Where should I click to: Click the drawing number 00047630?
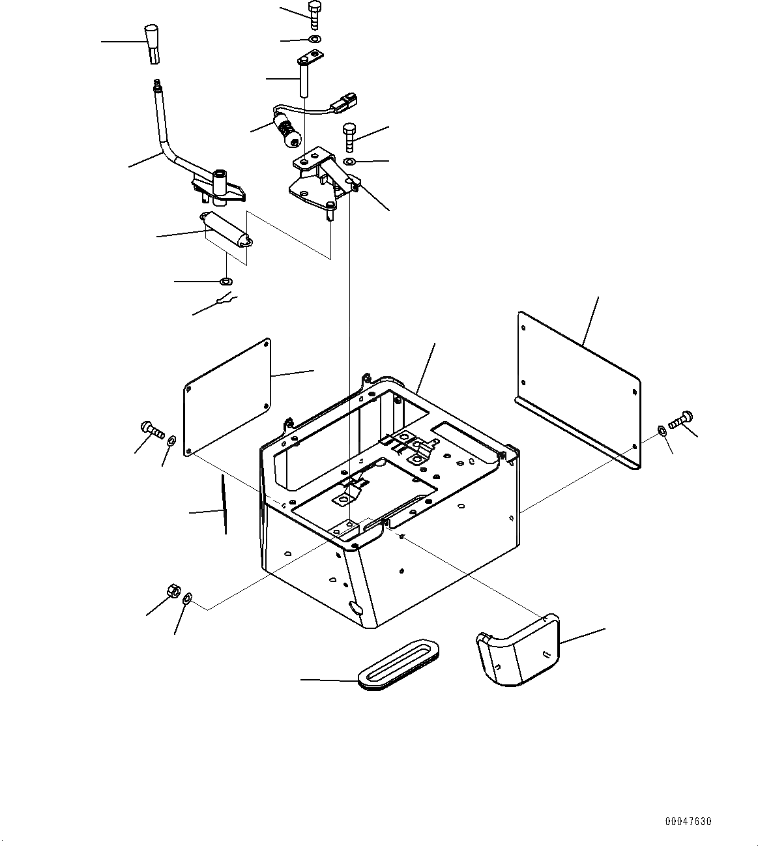tap(688, 822)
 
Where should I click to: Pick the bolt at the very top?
tap(314, 14)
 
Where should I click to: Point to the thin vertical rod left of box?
tap(224, 504)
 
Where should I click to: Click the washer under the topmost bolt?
tap(315, 40)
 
